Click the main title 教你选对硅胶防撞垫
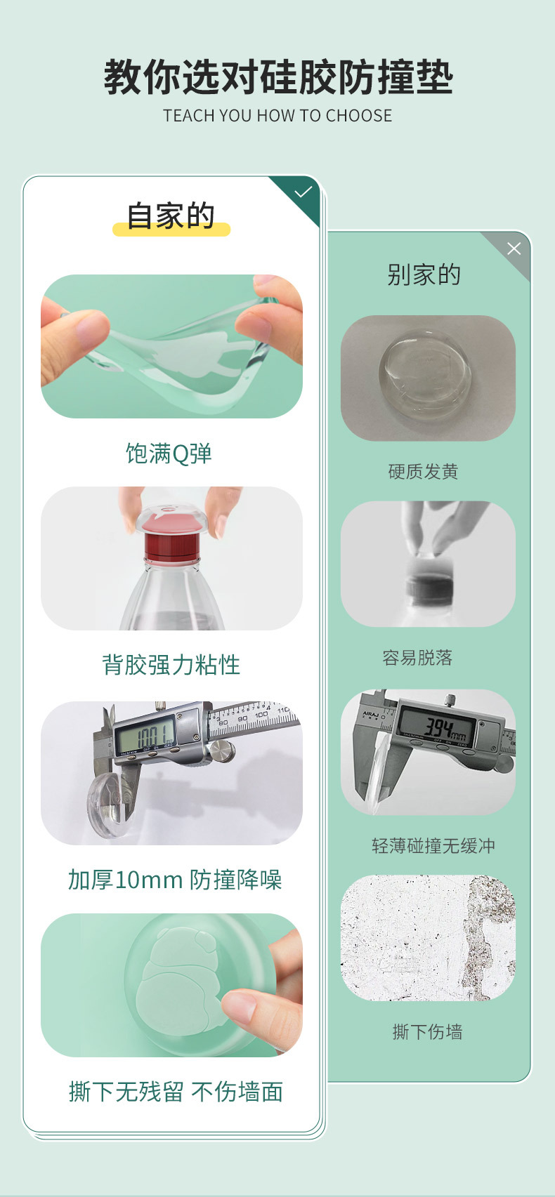click(278, 77)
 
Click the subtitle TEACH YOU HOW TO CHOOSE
click(277, 116)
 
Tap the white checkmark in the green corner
click(303, 192)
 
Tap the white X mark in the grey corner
click(514, 249)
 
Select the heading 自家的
click(171, 216)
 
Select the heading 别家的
click(424, 275)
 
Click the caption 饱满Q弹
click(169, 454)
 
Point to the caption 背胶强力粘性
click(171, 665)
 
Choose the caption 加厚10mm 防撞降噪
click(174, 879)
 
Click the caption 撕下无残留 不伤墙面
click(176, 1092)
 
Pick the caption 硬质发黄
click(423, 472)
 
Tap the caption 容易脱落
click(417, 658)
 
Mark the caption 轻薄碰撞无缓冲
click(433, 846)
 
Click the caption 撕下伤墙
click(427, 1032)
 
